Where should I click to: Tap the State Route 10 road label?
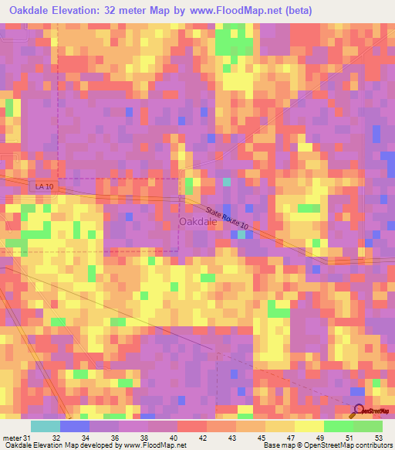(228, 216)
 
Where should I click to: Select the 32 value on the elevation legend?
(56, 438)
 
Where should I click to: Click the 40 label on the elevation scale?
(174, 438)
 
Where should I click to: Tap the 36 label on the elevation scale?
(115, 438)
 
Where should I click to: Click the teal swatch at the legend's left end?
(46, 426)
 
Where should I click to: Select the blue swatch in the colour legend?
(75, 426)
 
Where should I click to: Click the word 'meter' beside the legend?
(12, 438)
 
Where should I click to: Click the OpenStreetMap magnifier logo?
(358, 411)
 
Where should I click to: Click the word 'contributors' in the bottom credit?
(374, 445)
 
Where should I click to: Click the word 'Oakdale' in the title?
(31, 9)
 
